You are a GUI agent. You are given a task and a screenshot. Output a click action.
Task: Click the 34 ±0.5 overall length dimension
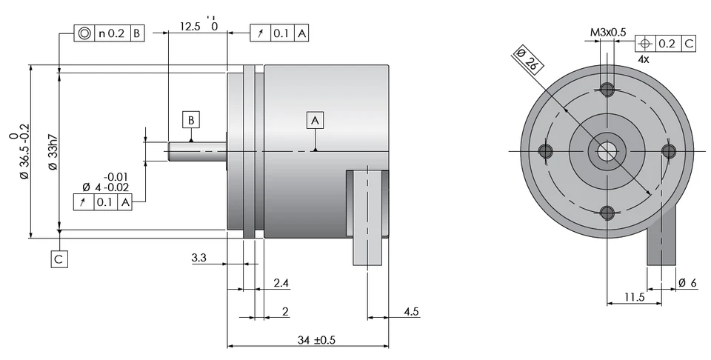click(x=315, y=340)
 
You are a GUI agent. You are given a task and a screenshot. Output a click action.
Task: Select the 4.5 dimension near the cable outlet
click(x=411, y=312)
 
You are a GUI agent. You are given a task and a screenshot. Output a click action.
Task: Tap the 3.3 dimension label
click(x=199, y=258)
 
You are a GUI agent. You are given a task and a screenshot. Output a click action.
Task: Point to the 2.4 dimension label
click(x=281, y=284)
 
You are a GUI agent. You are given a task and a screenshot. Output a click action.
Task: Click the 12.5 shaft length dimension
click(x=190, y=27)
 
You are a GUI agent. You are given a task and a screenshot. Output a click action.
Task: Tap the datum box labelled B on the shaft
click(x=190, y=119)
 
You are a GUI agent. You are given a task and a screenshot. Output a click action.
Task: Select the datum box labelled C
click(x=59, y=259)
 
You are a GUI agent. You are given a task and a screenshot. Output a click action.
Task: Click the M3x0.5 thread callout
click(x=608, y=33)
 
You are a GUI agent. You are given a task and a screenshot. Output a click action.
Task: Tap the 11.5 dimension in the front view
click(x=632, y=298)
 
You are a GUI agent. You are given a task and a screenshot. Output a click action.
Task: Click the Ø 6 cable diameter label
click(x=688, y=284)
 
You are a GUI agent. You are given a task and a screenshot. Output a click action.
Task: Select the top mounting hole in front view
click(x=608, y=90)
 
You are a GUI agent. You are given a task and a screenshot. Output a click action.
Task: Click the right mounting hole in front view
click(x=669, y=151)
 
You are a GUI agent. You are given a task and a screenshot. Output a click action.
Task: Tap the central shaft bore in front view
click(x=608, y=152)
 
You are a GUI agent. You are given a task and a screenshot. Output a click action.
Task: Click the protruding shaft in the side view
click(x=196, y=151)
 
